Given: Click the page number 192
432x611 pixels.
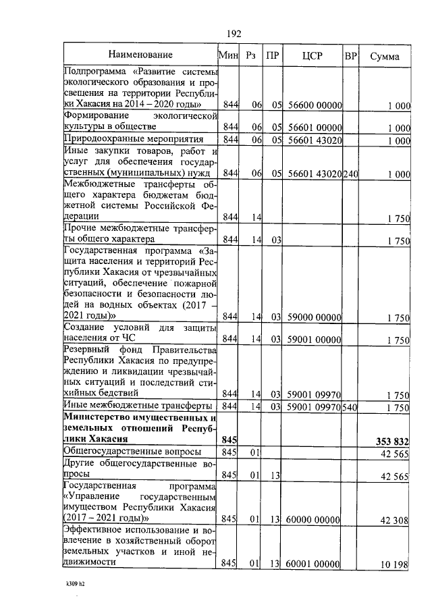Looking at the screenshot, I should point(234,33).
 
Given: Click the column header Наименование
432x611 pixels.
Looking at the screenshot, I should point(140,55).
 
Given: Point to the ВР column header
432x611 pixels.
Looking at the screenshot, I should point(350,55).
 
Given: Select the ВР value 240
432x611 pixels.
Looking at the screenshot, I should point(350,174).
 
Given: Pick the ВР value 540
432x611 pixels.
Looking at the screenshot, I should point(350,407).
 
